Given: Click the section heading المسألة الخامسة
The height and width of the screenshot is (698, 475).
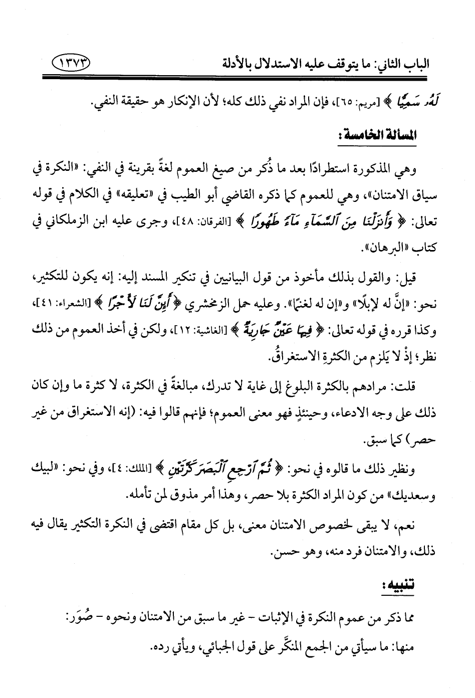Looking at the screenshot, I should (373, 136).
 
